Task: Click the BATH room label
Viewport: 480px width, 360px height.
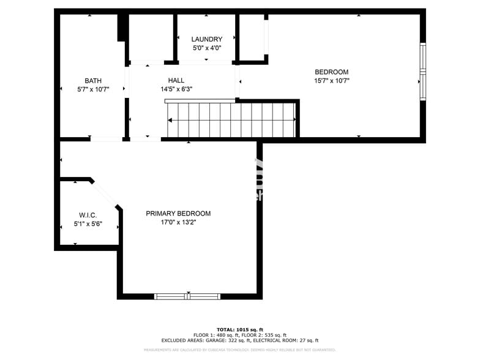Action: tap(93, 81)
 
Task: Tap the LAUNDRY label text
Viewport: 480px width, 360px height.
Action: tap(206, 39)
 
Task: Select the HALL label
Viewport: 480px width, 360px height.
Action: tap(176, 80)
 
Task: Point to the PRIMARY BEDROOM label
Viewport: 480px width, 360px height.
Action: tap(178, 214)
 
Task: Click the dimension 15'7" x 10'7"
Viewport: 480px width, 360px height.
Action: tap(332, 80)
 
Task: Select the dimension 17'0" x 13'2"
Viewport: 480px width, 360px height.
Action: tap(178, 222)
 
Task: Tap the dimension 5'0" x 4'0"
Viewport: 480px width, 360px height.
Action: tap(206, 48)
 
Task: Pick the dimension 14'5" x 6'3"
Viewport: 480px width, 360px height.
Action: tap(176, 89)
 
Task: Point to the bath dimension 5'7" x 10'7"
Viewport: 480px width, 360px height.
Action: tap(93, 89)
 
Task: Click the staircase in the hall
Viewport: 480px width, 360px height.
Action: tap(231, 120)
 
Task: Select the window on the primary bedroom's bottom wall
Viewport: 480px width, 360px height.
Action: tap(187, 296)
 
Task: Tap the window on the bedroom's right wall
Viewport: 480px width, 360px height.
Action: tap(422, 72)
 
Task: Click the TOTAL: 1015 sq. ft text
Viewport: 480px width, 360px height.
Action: tap(239, 329)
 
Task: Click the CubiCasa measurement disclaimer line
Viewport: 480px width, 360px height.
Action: tap(239, 350)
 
